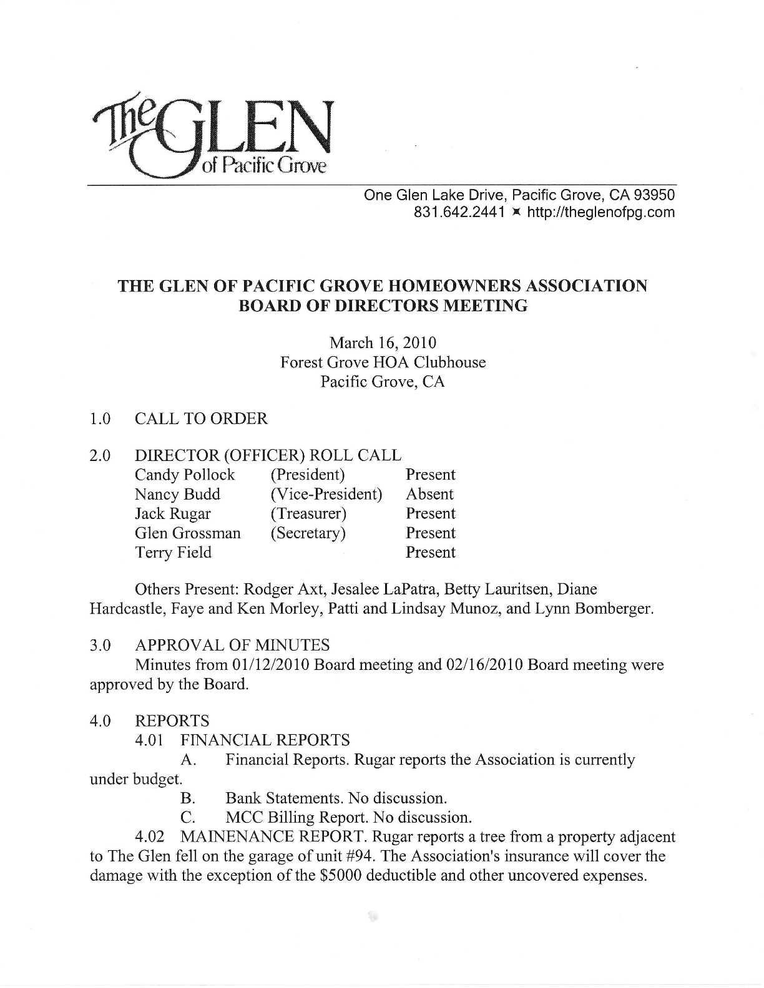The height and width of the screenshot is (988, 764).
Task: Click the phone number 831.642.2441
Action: click(459, 213)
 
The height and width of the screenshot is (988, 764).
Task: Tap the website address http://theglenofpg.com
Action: click(601, 213)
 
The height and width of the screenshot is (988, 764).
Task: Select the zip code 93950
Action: click(655, 195)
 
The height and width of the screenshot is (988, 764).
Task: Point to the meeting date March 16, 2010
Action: click(383, 342)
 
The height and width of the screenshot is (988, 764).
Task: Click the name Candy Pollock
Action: click(185, 475)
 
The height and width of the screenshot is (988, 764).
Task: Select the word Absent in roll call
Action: click(429, 494)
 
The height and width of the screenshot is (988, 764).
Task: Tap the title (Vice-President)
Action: click(326, 494)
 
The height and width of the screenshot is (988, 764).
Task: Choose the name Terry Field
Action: click(173, 552)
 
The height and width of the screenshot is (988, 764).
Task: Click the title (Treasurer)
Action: click(308, 513)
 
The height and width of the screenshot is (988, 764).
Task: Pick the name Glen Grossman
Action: click(187, 533)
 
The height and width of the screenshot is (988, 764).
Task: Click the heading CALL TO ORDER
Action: click(201, 419)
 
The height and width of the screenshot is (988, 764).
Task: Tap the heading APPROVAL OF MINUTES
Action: click(232, 645)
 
